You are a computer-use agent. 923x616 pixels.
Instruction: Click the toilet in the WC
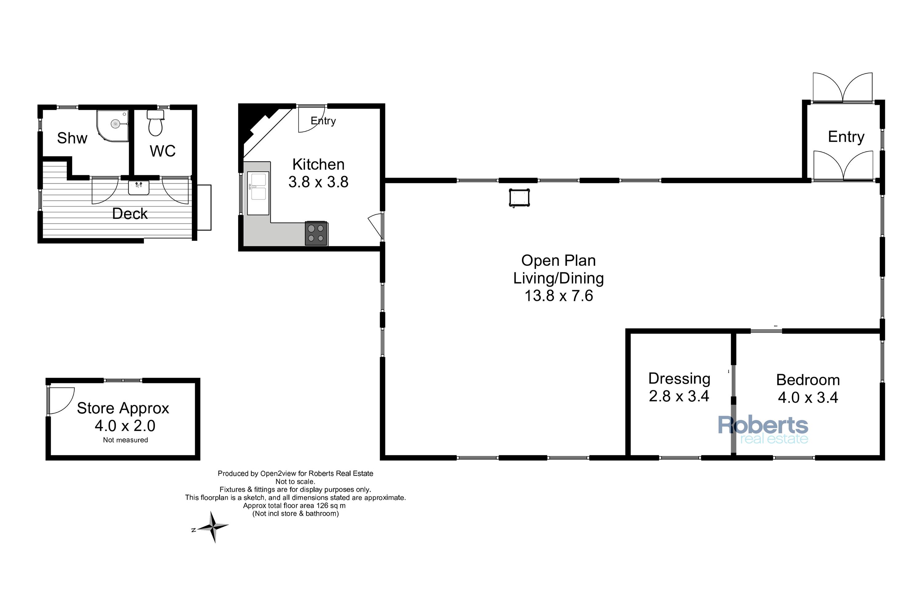click(x=155, y=123)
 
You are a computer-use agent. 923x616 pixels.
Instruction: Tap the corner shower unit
click(x=113, y=125)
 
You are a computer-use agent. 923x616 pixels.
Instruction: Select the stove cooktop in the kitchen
click(x=316, y=233)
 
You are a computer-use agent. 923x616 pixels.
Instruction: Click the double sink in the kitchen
click(x=258, y=193)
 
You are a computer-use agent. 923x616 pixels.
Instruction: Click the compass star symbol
click(x=213, y=527)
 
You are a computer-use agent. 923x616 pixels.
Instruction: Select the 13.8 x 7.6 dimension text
click(x=558, y=296)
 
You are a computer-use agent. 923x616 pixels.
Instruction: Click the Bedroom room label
click(x=808, y=380)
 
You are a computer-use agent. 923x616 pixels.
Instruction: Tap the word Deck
click(x=130, y=214)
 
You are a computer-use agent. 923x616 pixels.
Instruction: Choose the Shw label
click(x=72, y=138)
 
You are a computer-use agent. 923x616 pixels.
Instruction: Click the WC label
click(x=162, y=151)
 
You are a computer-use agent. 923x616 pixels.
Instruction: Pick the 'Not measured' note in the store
click(x=126, y=440)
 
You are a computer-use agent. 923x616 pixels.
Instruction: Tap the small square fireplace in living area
click(x=519, y=198)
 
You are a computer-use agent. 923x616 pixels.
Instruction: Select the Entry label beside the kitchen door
click(x=323, y=121)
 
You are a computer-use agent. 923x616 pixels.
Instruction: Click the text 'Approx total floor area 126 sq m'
click(x=294, y=506)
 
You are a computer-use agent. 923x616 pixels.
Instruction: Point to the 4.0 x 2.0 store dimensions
click(x=125, y=425)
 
